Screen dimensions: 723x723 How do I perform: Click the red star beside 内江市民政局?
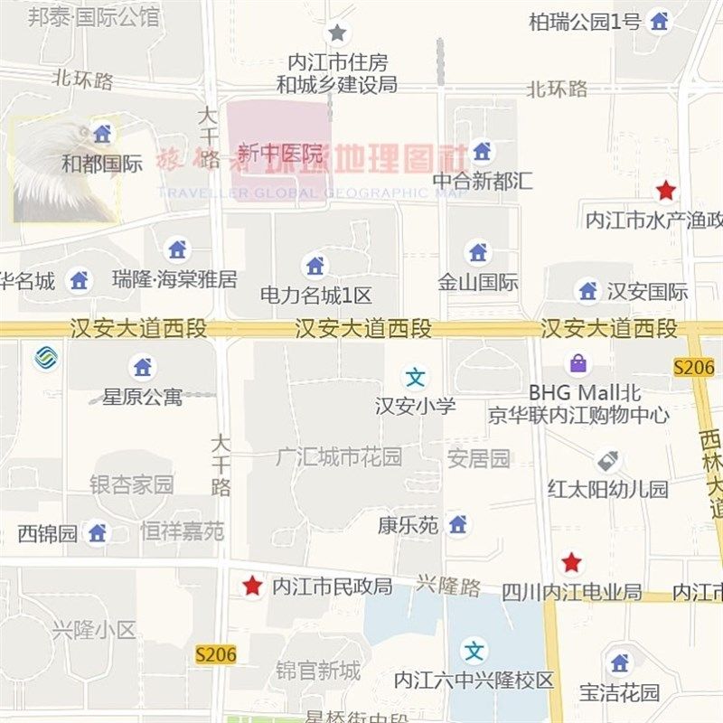tap(252, 587)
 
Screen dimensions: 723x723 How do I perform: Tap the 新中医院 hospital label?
tap(280, 154)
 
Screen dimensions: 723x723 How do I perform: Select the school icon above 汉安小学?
tap(416, 377)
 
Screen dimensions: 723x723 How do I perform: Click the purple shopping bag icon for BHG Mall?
tap(577, 364)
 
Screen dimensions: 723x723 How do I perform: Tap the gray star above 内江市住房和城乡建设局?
tap(337, 33)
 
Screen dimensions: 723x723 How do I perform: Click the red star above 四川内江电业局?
tap(571, 563)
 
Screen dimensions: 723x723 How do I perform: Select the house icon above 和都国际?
tap(102, 135)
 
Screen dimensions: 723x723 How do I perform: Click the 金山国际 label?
tap(478, 282)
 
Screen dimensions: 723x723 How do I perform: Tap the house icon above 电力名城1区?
tap(315, 266)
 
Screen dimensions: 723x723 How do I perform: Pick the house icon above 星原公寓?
tap(142, 367)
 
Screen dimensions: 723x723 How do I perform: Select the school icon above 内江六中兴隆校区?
tap(474, 650)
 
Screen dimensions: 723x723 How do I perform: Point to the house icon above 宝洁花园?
tap(619, 663)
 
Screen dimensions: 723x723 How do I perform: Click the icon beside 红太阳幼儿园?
tap(607, 461)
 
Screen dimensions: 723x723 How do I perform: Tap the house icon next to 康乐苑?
tap(458, 524)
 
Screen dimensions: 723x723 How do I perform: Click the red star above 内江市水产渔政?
tap(666, 191)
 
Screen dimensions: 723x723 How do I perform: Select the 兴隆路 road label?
tap(448, 586)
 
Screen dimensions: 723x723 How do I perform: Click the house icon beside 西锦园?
tap(98, 533)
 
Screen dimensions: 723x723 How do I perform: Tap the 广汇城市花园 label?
tap(338, 457)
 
